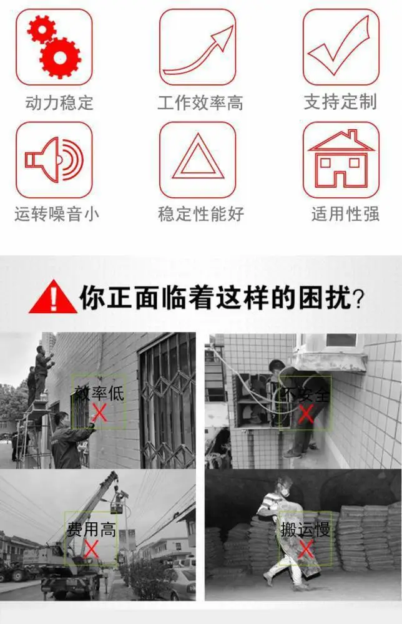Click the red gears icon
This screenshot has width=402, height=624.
pos(54,47)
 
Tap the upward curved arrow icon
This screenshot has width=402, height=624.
pos(199,51)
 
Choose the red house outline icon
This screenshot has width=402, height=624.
pos(341,159)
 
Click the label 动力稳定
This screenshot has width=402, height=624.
pos(59,103)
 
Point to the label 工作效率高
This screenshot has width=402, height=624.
pos(200,103)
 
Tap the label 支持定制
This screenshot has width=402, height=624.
pos(340,102)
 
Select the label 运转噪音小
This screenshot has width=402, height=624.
pos(57,213)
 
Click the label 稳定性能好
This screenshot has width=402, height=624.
pos(201,213)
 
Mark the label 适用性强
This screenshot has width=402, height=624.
pos(345,213)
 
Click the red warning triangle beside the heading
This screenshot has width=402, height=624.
pos(53,297)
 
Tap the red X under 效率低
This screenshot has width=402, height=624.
pos(99,412)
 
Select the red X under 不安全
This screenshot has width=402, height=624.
pos(306,414)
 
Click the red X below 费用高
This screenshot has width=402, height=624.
pos(92,549)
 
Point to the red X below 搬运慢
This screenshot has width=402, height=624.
pos(305,550)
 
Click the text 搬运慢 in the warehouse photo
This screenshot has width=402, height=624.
pos(305,530)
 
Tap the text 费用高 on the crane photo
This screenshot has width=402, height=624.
pos(92,529)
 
